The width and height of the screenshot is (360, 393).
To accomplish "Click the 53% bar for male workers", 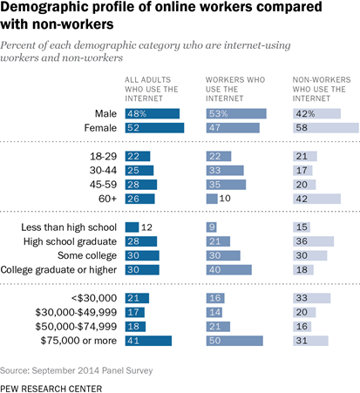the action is tap(236, 113).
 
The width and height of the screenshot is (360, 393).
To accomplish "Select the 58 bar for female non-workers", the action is tap(326, 128).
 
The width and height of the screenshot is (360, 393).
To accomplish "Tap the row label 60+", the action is tap(107, 199).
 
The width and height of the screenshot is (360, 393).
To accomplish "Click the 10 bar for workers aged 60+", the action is tap(212, 199).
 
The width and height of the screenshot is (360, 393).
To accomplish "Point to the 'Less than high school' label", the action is tap(69, 227).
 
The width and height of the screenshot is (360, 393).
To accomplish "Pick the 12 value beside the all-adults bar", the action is tap(146, 227).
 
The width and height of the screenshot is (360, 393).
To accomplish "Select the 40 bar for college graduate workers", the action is tap(229, 270).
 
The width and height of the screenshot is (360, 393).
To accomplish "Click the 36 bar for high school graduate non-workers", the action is tap(313, 241).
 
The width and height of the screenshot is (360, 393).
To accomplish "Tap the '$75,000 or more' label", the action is tap(78, 341).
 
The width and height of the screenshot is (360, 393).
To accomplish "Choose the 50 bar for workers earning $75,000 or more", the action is tap(234, 341).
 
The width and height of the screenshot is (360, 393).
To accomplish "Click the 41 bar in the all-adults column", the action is tap(148, 341).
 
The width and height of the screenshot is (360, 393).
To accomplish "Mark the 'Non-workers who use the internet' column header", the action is tap(322, 89).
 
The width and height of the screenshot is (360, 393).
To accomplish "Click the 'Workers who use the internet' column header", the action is tap(235, 89).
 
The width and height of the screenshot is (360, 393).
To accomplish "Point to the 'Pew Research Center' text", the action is tap(51, 389).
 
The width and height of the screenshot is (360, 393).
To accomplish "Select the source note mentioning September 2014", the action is tap(77, 370).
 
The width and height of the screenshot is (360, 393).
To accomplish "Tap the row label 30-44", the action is tap(103, 170).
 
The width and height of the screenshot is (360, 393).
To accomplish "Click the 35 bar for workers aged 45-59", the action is tap(226, 185).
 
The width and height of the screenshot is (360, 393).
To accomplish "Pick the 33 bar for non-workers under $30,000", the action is tap(311, 298).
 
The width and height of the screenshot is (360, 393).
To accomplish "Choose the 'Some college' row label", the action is tap(87, 255).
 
